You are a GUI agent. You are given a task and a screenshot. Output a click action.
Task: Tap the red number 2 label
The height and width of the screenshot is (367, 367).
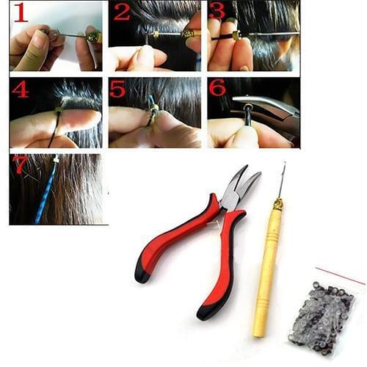(x=121, y=12)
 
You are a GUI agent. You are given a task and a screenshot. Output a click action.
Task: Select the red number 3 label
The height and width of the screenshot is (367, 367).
(x=217, y=12)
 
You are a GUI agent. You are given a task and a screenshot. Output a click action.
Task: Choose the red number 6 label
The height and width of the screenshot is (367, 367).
(x=218, y=88)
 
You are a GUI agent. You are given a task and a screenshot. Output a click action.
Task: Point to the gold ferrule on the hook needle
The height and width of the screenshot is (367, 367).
(x=277, y=202)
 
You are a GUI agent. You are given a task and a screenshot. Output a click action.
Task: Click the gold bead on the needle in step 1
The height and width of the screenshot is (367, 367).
(x=92, y=36)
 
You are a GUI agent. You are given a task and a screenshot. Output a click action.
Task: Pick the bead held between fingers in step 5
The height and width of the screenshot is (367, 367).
(x=152, y=113)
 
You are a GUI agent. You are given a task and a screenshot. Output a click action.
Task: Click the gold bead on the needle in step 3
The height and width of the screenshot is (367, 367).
(x=237, y=34)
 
